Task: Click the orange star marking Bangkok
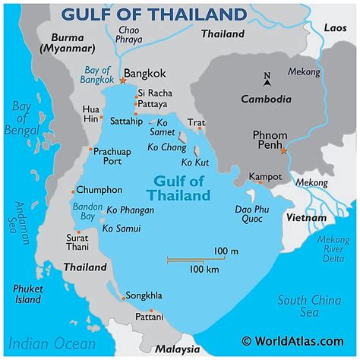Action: coord(123,80)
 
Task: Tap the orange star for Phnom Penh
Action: coord(283,151)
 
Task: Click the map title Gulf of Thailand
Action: coord(155,14)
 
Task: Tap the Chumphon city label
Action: coord(99,190)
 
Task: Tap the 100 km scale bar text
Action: coord(204,269)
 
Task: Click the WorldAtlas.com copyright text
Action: coord(297,342)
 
